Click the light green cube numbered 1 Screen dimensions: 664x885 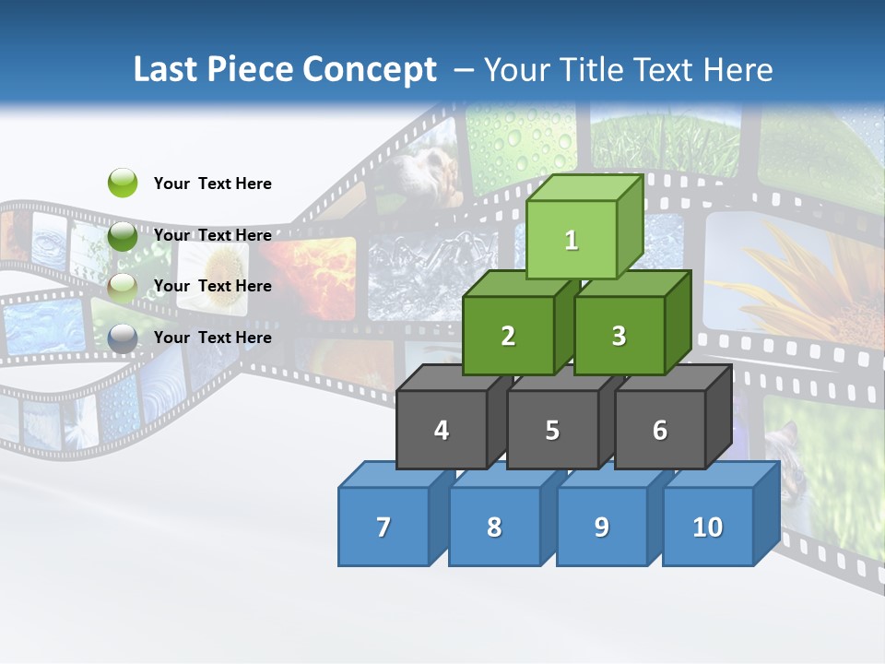[572, 240]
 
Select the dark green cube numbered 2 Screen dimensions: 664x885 [508, 337]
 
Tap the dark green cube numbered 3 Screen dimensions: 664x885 [619, 337]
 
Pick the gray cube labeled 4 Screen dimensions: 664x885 [442, 430]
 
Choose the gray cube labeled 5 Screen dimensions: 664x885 [552, 430]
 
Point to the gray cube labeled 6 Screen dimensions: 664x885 [660, 430]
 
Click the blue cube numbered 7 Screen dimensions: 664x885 [383, 527]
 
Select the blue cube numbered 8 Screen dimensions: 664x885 [494, 527]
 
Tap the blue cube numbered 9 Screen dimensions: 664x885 [602, 527]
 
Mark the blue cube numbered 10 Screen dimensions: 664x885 [708, 527]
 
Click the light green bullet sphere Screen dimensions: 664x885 [123, 183]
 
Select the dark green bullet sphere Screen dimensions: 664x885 [123, 235]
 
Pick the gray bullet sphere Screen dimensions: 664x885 [123, 338]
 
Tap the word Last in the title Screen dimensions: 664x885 [167, 70]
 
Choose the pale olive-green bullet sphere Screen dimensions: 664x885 [123, 287]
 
